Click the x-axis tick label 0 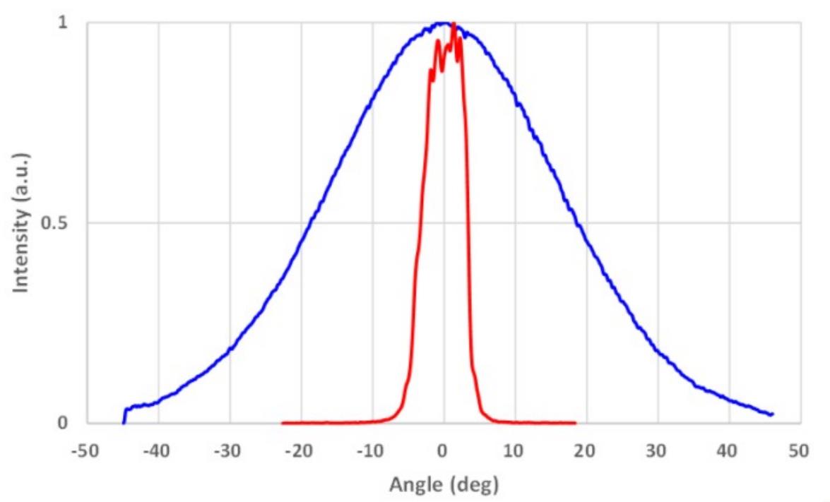click(443, 451)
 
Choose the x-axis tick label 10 click(515, 451)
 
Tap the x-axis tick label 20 click(586, 451)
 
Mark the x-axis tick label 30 click(658, 451)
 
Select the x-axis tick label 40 click(729, 451)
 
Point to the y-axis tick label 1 click(62, 23)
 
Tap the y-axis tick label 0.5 click(55, 223)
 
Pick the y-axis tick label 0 click(62, 424)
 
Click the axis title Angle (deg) click(443, 486)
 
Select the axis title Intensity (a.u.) click(23, 223)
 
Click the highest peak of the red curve click(453, 23)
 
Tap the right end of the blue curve click(773, 414)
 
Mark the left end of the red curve click(283, 423)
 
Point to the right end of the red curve click(575, 423)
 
